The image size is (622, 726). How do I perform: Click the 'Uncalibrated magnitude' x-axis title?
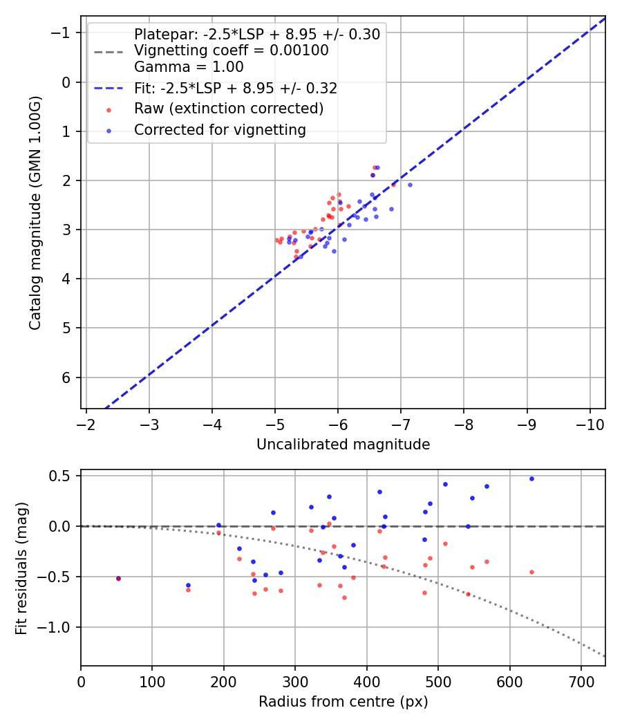click(343, 445)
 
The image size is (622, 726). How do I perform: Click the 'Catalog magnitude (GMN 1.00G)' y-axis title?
click(35, 212)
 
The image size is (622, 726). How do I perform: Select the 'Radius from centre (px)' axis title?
click(343, 702)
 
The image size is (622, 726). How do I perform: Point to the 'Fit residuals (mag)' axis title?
click(21, 568)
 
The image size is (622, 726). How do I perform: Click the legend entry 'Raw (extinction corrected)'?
click(229, 109)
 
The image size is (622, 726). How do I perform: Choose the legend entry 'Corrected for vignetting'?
click(220, 129)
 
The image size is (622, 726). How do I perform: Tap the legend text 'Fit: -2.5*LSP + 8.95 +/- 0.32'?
click(236, 89)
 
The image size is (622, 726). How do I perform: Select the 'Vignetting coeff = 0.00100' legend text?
click(232, 50)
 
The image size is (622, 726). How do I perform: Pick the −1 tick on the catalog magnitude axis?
click(63, 33)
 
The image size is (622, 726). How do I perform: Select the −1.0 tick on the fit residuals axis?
click(57, 627)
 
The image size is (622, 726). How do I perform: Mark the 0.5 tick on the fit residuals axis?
click(62, 476)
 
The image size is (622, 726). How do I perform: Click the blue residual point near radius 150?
click(188, 585)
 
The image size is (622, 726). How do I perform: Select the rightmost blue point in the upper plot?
click(410, 185)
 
